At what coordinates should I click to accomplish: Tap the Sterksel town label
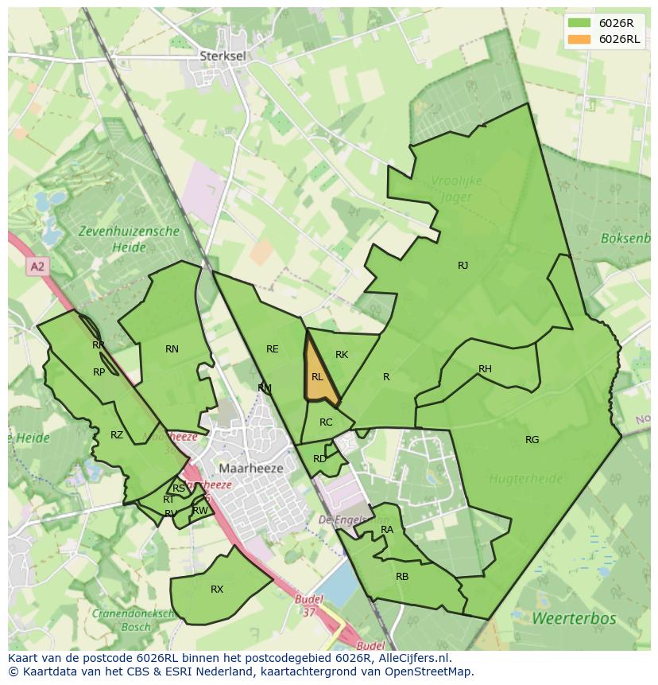(x=220, y=56)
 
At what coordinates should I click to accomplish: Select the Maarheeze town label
(x=250, y=469)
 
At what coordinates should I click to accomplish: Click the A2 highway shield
(x=37, y=267)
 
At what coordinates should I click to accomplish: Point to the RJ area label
(x=463, y=266)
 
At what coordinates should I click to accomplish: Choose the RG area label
(x=532, y=440)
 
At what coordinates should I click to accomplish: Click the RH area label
(x=485, y=369)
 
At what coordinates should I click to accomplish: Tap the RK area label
(x=342, y=355)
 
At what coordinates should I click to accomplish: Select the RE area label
(x=273, y=349)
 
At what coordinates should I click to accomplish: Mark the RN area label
(x=172, y=349)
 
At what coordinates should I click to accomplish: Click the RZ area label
(x=117, y=435)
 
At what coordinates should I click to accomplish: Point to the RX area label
(x=217, y=590)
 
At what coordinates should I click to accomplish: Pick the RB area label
(x=402, y=576)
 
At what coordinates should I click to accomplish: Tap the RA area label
(x=387, y=530)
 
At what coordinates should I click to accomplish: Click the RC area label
(x=326, y=422)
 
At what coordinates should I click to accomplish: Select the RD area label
(x=319, y=459)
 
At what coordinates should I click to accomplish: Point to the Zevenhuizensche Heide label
(x=129, y=239)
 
